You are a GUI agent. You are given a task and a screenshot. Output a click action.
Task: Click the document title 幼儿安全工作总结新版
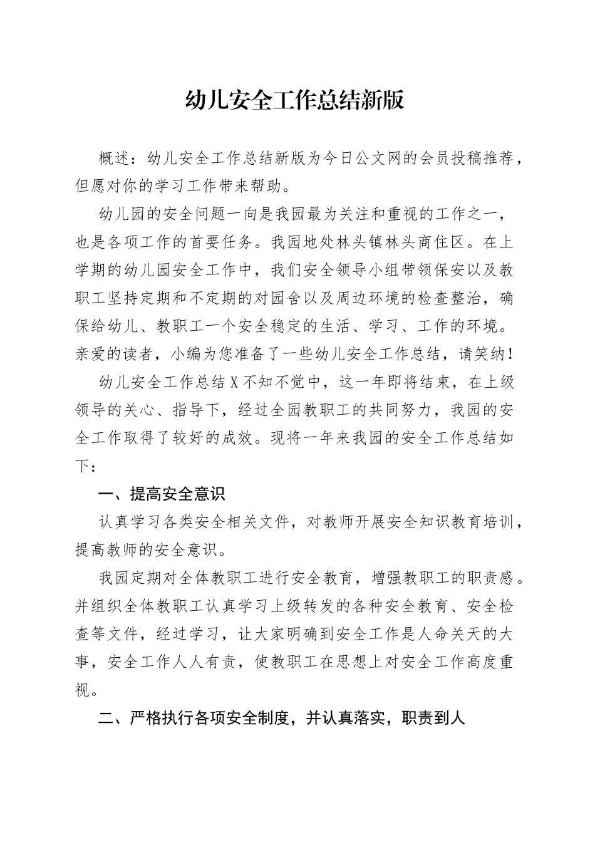[295, 100]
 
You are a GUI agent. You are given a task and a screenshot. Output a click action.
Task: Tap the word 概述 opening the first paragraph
[116, 159]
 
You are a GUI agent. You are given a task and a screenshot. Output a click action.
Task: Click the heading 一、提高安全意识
[162, 494]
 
